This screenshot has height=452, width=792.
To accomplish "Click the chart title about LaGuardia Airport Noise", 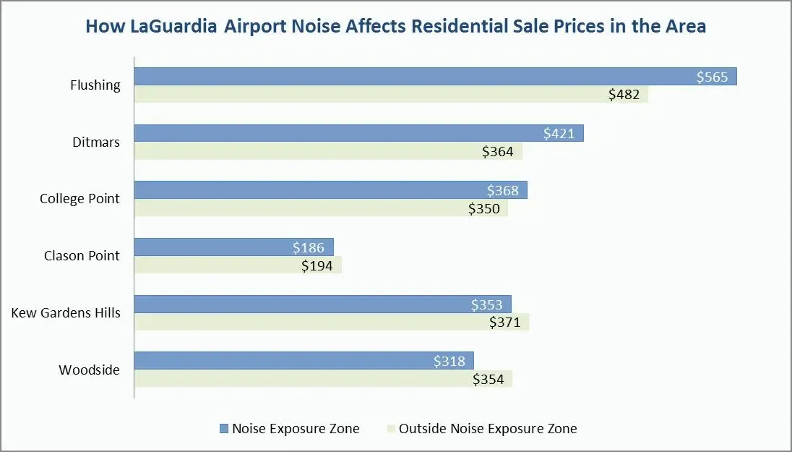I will pos(396,27).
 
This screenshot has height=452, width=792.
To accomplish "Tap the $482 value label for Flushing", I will pos(624,95).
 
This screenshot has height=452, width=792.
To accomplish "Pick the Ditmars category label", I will pos(95,142).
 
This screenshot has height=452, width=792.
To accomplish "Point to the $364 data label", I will pos(497,151).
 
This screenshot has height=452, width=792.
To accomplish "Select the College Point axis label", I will pos(79,198).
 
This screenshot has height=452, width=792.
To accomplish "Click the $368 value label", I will pos(504,190).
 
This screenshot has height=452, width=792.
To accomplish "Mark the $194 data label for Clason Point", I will pos(317,265).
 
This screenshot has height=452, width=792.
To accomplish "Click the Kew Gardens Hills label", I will pos(66,312).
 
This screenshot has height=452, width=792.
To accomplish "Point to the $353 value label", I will pos(487,304).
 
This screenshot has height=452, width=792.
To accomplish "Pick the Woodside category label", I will pos(89,370).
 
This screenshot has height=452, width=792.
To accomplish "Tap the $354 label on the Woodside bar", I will pos(488,379).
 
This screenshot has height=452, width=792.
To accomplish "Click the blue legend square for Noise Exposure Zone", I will pos(223,429).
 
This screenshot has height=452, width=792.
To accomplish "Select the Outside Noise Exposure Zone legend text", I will pos(488,429).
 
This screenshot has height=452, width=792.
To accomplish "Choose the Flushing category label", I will pos(95,85).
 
